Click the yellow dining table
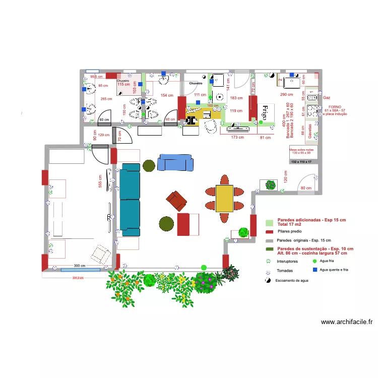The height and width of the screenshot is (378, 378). coord(224,198)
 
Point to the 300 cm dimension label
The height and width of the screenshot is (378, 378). coord(79,266)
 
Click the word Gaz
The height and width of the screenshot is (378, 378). coord(327,97)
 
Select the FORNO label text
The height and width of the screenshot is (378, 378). coord(335,107)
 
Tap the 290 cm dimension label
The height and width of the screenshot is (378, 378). coord(286,95)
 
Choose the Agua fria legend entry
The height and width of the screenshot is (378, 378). coord(328,261)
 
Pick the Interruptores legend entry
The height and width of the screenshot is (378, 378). coord(287,262)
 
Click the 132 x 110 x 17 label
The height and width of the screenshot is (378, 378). coord(301,161)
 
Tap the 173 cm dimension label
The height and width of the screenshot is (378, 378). coord(237,137)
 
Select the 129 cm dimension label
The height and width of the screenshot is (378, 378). coord(104,135)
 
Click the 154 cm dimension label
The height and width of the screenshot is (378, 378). coord(167,95)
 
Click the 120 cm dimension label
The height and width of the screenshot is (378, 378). coord(285,176)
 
